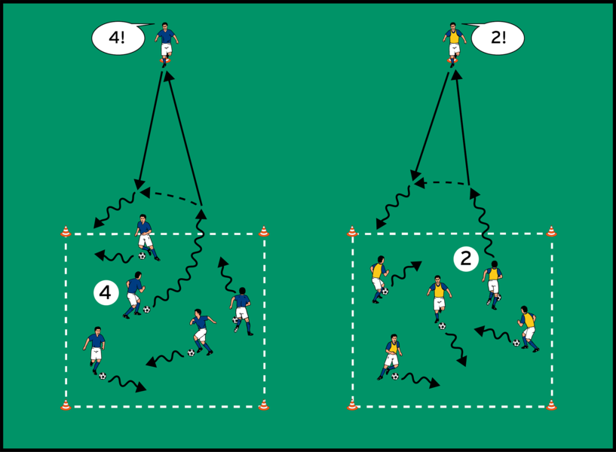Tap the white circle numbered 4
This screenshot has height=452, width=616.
106,292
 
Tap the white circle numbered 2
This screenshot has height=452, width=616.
466,259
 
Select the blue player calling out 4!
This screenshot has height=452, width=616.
165,43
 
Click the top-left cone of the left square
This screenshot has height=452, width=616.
66,232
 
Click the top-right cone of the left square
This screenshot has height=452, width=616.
263,232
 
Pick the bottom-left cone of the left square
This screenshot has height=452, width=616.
66,405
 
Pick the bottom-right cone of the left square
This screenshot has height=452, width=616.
263,405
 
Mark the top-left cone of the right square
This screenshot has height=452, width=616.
352,232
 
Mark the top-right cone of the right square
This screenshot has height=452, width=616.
551,232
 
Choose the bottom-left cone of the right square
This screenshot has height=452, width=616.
352,405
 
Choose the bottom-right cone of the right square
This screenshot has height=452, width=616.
551,405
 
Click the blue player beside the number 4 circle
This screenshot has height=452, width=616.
134,293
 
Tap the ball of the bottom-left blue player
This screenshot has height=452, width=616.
103,375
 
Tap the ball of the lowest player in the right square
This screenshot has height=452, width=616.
395,376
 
